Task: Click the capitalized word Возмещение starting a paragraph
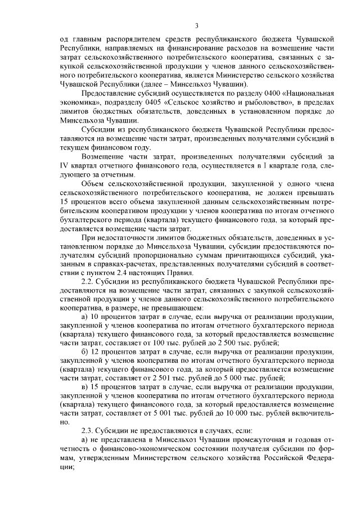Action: [x=106, y=156]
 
